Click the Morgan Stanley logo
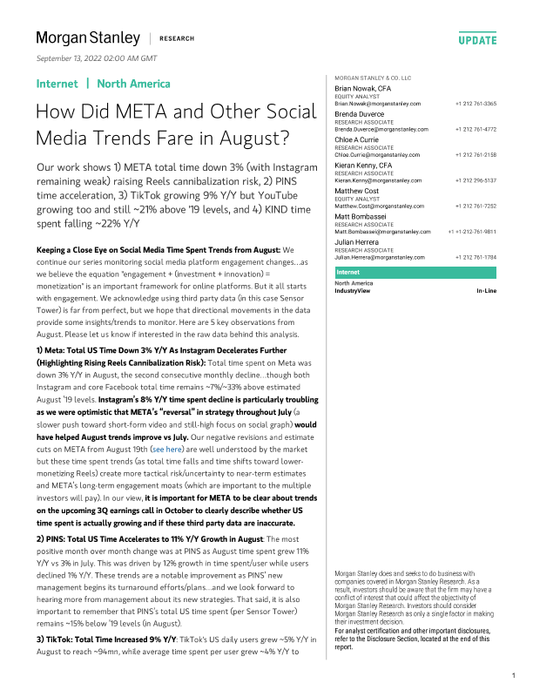(x=87, y=38)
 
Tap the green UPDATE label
(x=477, y=40)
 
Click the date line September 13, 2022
(x=96, y=57)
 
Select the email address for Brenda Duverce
(x=377, y=128)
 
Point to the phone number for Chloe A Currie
(x=476, y=153)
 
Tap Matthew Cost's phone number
(x=476, y=206)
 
